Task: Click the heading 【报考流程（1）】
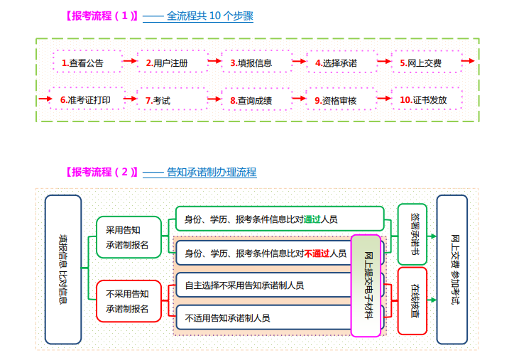click(99, 16)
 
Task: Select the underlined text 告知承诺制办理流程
click(211, 172)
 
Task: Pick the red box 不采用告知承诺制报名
click(128, 301)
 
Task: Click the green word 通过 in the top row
click(312, 219)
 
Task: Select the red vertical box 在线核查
click(412, 301)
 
